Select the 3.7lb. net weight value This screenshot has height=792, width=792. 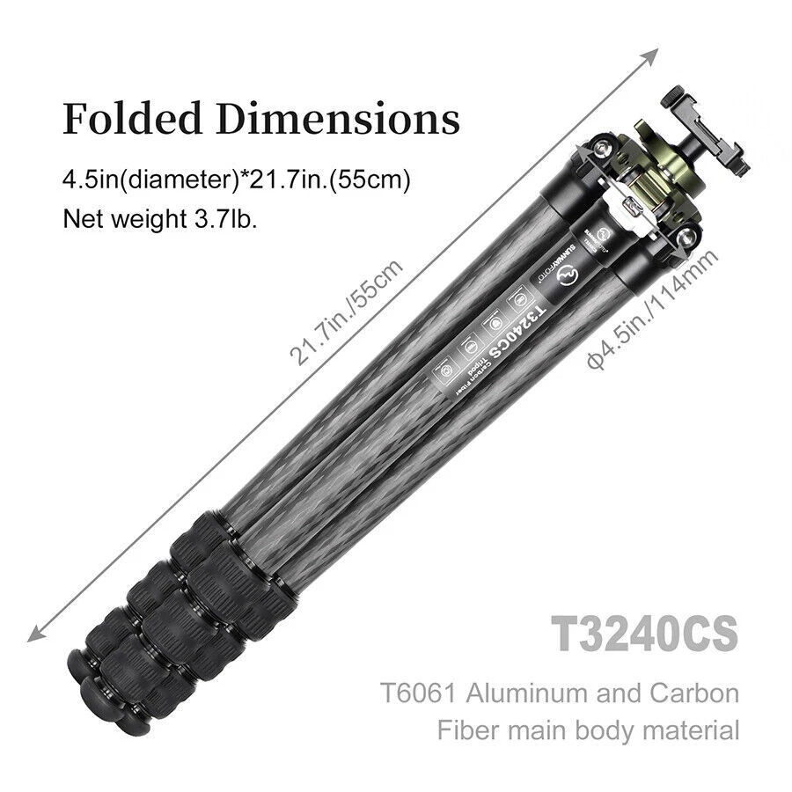(225, 218)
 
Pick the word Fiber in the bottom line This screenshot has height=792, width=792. (472, 730)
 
